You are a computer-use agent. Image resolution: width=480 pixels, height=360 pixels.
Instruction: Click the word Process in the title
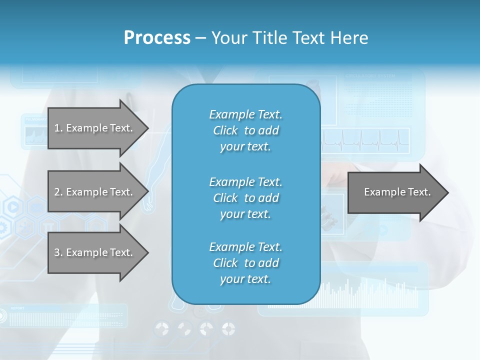pyautogui.click(x=157, y=38)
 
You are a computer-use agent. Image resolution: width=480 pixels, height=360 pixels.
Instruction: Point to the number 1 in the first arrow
pyautogui.click(x=57, y=128)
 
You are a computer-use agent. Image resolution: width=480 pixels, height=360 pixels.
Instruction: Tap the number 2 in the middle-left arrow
pyautogui.click(x=57, y=192)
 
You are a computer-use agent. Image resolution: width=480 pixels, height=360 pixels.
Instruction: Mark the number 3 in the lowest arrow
pyautogui.click(x=57, y=252)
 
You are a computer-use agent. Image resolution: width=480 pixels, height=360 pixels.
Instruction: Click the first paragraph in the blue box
pyautogui.click(x=245, y=130)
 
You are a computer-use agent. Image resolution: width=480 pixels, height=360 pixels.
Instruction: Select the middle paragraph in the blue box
pyautogui.click(x=245, y=198)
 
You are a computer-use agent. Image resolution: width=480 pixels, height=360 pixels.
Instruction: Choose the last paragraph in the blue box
pyautogui.click(x=245, y=263)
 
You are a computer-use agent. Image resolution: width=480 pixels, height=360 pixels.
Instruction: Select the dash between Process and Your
pyautogui.click(x=200, y=38)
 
